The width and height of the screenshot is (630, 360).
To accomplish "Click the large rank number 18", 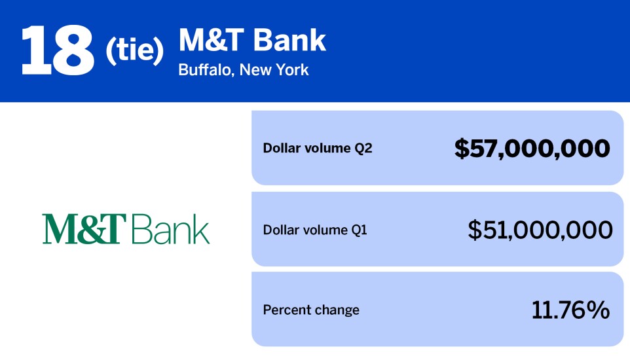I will [58, 51].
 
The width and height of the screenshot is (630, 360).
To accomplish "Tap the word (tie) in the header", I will [134, 53].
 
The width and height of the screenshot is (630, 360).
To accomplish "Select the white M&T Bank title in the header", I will [252, 41].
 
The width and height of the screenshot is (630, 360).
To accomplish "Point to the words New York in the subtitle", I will [274, 69].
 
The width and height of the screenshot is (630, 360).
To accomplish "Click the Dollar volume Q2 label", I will [317, 148].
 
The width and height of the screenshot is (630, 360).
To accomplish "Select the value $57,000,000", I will [532, 149].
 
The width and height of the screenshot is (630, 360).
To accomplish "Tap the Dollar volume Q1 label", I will [315, 230].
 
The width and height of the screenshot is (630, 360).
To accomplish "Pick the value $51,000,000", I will [540, 230].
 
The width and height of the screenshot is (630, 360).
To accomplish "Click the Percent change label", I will [311, 310].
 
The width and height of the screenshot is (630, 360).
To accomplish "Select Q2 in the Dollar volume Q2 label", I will [363, 148].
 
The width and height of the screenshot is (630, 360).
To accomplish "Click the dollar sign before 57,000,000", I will [462, 149].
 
